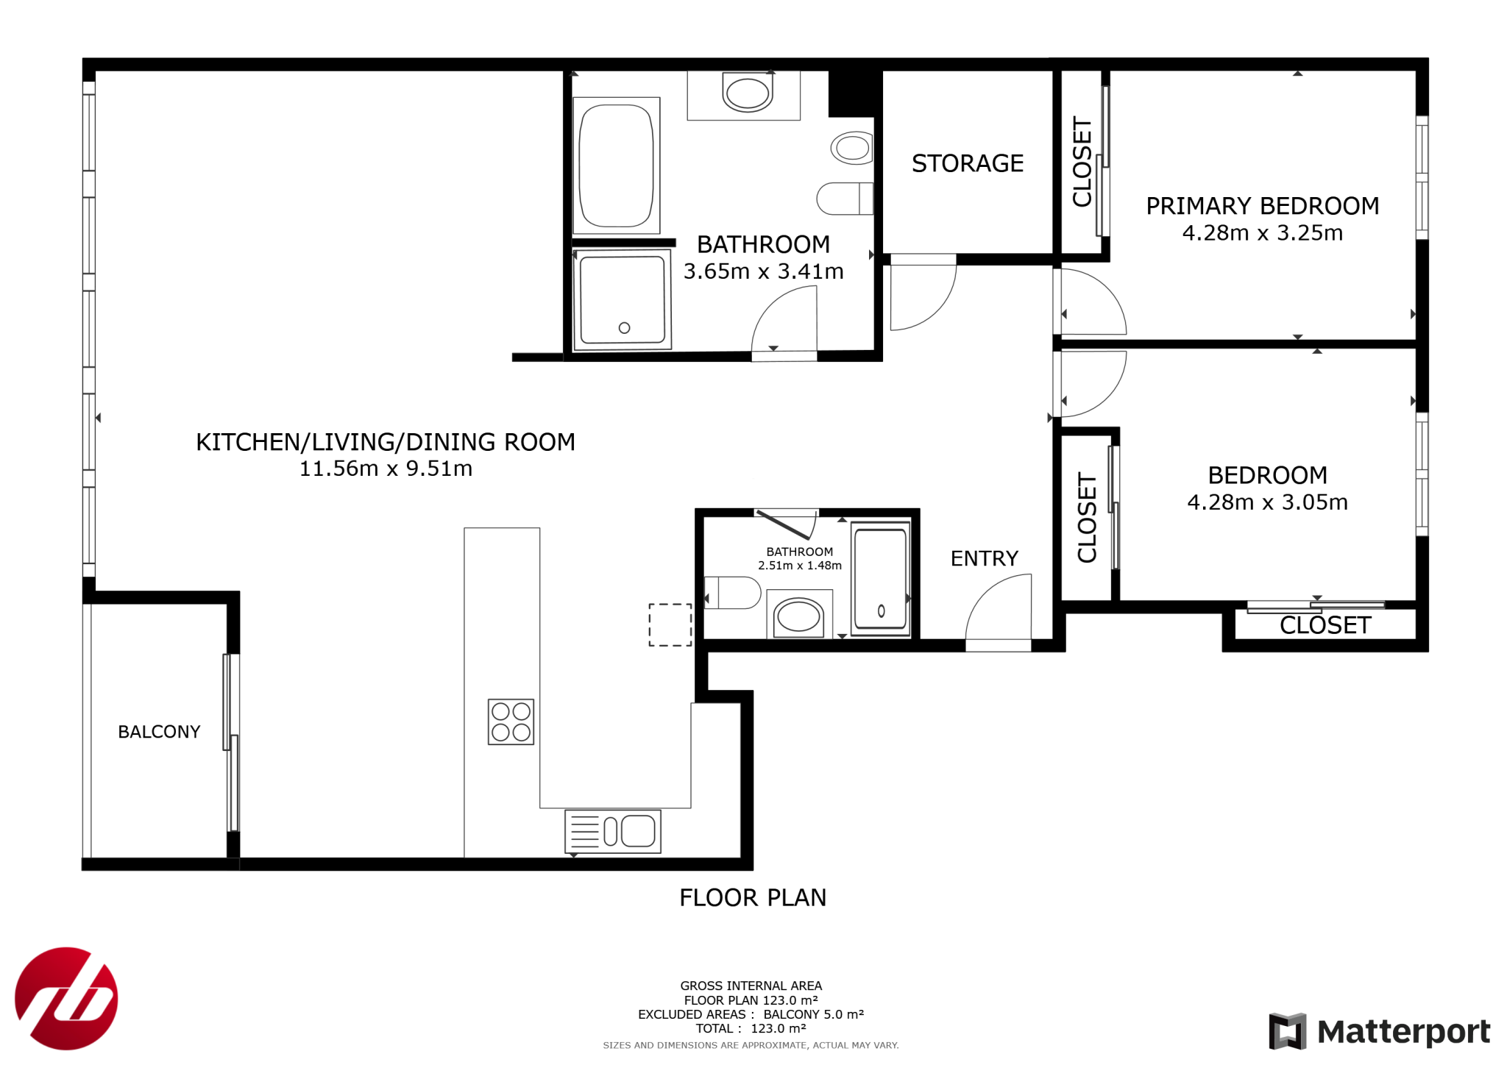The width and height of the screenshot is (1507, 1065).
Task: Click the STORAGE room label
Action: pyautogui.click(x=967, y=163)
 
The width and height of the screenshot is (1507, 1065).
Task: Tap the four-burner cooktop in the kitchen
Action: pyautogui.click(x=511, y=722)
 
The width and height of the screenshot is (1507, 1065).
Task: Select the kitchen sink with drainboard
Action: pyautogui.click(x=613, y=831)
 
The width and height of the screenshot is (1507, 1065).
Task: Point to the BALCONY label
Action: pyautogui.click(x=159, y=732)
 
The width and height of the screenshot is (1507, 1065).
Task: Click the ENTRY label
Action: pyautogui.click(x=984, y=559)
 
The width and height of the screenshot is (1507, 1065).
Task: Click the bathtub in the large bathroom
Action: pyautogui.click(x=617, y=165)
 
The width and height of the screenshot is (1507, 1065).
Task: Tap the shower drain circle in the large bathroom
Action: pyautogui.click(x=624, y=328)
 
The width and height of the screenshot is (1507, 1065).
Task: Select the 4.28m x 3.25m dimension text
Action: pyautogui.click(x=1262, y=233)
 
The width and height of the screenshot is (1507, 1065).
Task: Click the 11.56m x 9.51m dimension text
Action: pyautogui.click(x=386, y=469)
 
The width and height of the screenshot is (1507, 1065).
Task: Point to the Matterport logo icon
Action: pyautogui.click(x=1287, y=1030)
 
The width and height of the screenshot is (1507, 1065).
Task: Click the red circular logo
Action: pyautogui.click(x=66, y=998)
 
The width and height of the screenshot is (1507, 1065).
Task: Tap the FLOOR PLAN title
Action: pyautogui.click(x=753, y=897)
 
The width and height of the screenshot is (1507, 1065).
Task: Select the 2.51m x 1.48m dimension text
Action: pyautogui.click(x=800, y=566)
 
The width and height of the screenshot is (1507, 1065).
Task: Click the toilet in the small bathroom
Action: pyautogui.click(x=732, y=593)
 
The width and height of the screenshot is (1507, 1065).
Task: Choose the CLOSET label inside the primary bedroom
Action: pyautogui.click(x=1082, y=162)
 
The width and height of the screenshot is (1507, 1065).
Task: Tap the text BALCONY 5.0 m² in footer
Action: pyautogui.click(x=813, y=1014)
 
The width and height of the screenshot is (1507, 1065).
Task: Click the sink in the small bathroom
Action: pyautogui.click(x=799, y=615)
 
